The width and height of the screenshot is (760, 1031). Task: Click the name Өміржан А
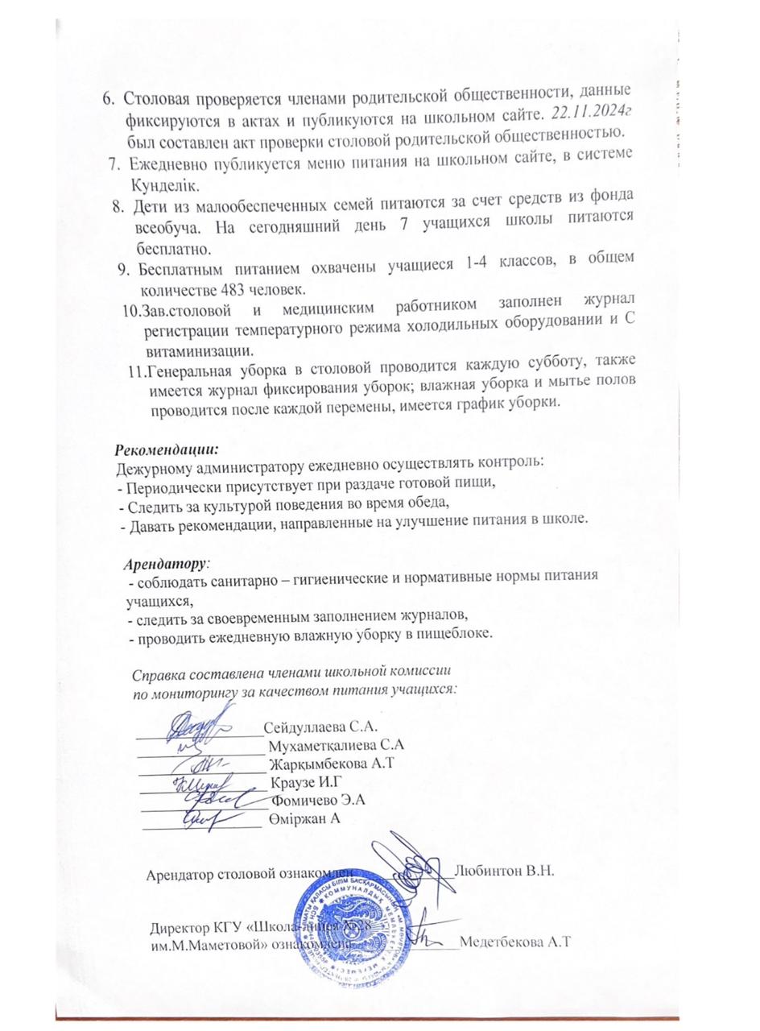(x=307, y=818)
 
